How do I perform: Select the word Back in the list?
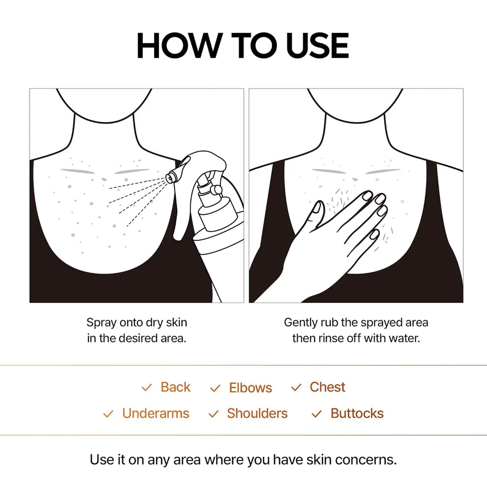click(x=175, y=387)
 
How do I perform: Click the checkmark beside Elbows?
click(x=215, y=388)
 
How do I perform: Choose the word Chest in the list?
click(x=327, y=387)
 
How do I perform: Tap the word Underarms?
click(x=155, y=413)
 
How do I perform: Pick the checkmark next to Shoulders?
click(x=213, y=414)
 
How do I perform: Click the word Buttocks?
click(x=357, y=413)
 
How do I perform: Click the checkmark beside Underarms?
click(x=108, y=414)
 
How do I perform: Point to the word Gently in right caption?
click(x=301, y=323)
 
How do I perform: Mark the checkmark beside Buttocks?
click(x=317, y=414)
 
